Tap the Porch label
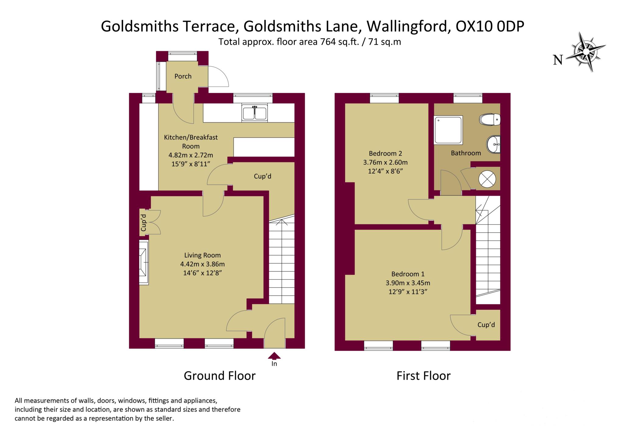(183, 76)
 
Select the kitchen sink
(254, 113)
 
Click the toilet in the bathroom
(490, 119)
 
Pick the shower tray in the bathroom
(448, 129)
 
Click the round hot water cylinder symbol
(487, 178)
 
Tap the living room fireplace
(144, 263)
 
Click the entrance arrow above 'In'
(274, 355)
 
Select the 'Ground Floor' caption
(219, 376)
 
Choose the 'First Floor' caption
(423, 376)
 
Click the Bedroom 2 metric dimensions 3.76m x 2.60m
(385, 162)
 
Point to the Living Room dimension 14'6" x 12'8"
(202, 273)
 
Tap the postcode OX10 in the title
(473, 26)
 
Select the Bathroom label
(466, 153)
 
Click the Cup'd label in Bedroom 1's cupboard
(486, 325)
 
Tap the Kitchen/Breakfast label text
(191, 137)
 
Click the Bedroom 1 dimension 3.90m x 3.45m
(408, 283)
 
